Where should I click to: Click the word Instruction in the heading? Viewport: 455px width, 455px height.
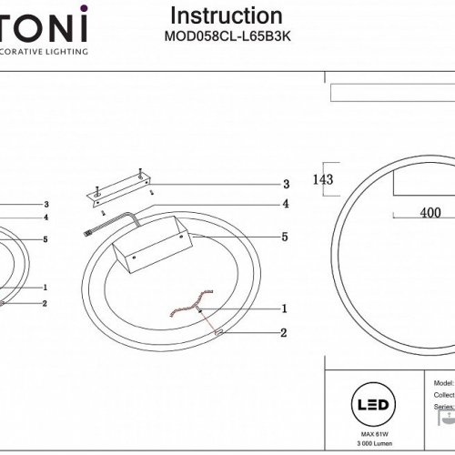click(227, 16)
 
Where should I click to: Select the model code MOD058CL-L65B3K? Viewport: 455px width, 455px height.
click(227, 37)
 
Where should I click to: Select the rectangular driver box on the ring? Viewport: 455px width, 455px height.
click(153, 246)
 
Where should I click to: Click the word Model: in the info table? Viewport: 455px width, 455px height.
click(444, 385)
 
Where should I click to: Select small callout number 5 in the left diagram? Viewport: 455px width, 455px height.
click(45, 238)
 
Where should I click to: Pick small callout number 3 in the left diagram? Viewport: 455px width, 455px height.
click(45, 205)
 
